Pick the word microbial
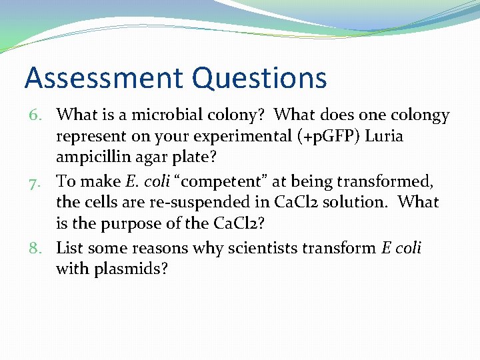click(x=182, y=115)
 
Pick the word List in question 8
click(x=71, y=248)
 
